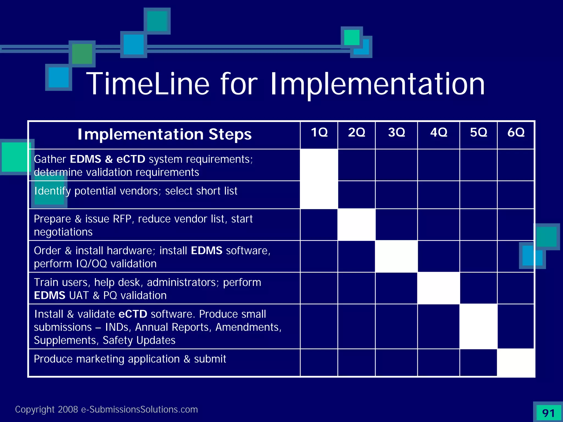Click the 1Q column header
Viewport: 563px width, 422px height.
click(x=319, y=133)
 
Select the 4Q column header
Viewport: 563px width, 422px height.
click(x=438, y=133)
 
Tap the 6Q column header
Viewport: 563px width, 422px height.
click(x=516, y=133)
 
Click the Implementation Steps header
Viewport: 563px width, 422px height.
click(x=164, y=135)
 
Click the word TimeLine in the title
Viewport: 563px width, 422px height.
click(x=148, y=84)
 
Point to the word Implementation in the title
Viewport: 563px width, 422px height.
click(x=377, y=84)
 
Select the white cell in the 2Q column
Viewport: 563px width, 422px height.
click(x=357, y=224)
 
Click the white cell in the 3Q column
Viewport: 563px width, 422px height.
click(x=396, y=256)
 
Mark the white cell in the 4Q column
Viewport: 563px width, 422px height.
click(x=438, y=288)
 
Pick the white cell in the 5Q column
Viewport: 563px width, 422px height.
click(x=478, y=326)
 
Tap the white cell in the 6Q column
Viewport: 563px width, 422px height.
click(x=516, y=362)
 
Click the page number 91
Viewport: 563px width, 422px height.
click(x=548, y=413)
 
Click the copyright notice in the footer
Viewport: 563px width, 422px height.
click(x=106, y=409)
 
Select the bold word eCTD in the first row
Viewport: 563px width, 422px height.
click(x=131, y=159)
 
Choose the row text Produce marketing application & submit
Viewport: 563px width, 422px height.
click(x=130, y=359)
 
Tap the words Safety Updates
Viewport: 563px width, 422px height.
click(x=139, y=340)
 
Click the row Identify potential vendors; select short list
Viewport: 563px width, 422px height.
click(x=136, y=191)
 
